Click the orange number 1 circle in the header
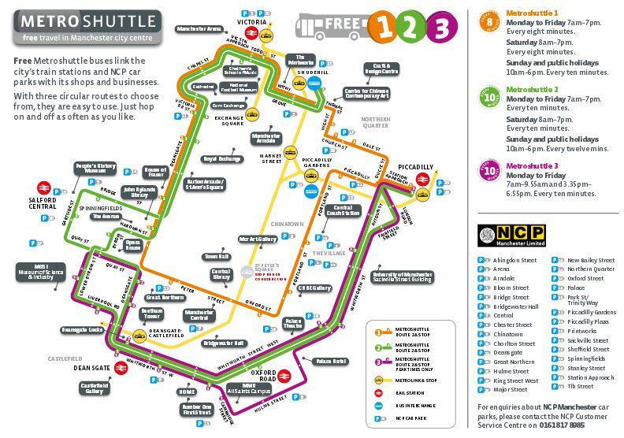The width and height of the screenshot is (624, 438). click(383, 27)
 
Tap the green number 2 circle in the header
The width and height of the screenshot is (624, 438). click(411, 27)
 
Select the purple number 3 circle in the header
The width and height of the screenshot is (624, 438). click(441, 27)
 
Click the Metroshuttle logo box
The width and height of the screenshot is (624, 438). click(87, 27)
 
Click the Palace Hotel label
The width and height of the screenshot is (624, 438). click(330, 361)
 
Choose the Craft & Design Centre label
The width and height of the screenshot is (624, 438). click(381, 69)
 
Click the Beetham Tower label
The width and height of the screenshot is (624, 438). click(151, 314)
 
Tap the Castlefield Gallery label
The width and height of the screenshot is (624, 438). click(95, 388)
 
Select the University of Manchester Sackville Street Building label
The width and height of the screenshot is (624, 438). click(402, 277)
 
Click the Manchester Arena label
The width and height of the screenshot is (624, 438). click(198, 28)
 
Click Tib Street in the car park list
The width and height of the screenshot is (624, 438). click(582, 386)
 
